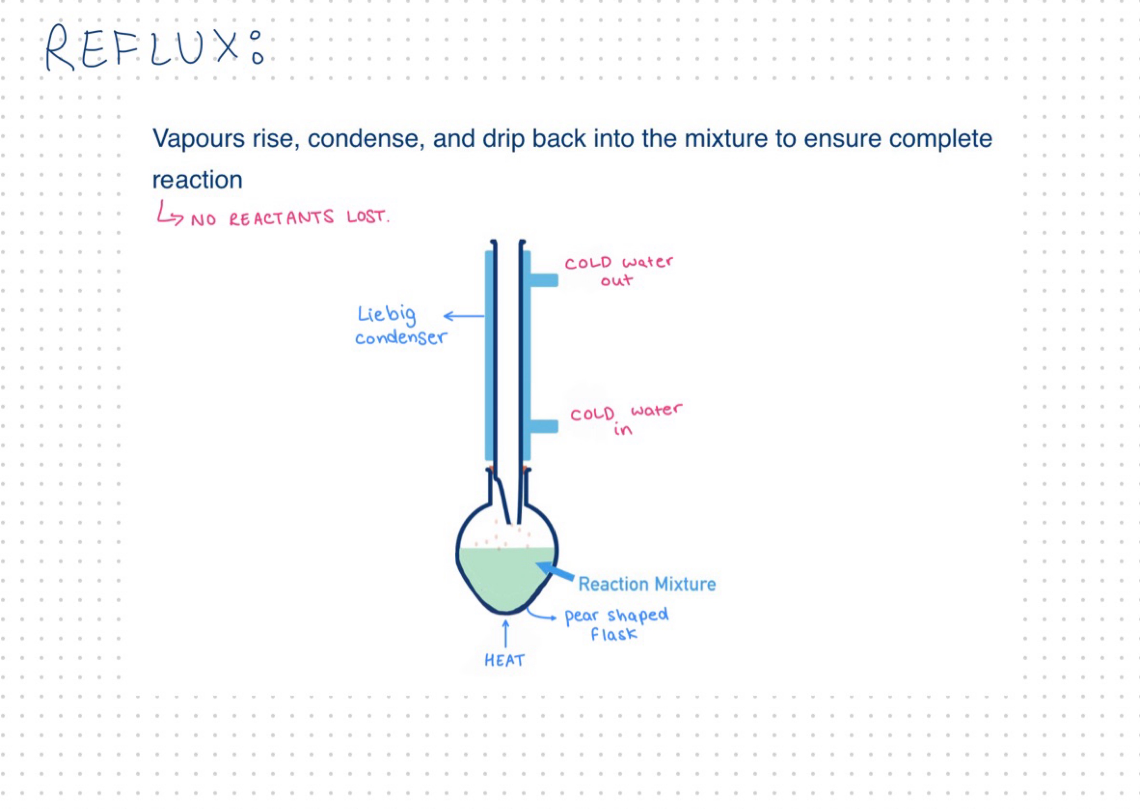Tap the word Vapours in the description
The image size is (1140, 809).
(x=198, y=139)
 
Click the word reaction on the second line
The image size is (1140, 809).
(x=197, y=180)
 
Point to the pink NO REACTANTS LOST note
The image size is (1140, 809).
(x=290, y=218)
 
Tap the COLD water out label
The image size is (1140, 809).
(x=619, y=271)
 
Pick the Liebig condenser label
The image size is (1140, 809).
(x=401, y=325)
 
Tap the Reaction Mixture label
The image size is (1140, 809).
(x=646, y=584)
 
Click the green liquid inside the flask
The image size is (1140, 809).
(x=505, y=578)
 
